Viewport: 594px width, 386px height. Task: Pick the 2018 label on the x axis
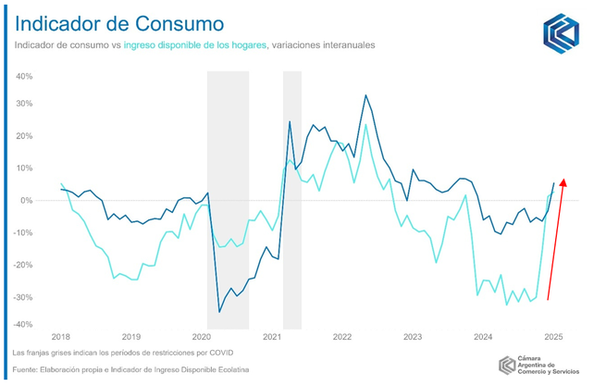61,337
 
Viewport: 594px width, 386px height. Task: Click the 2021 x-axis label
272,337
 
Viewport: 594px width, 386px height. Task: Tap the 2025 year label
553,337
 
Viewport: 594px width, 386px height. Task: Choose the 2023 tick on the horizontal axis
413,337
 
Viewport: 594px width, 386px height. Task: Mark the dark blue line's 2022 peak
366,95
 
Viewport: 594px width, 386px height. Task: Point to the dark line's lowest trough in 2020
219,312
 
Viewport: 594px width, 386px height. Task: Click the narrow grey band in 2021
292,199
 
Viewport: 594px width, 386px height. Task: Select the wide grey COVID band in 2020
228,199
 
